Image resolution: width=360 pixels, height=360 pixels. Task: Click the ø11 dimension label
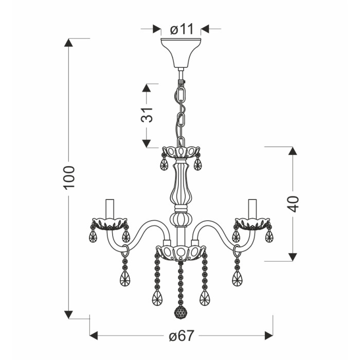pos(182,29)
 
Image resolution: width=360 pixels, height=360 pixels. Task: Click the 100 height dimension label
pos(69,177)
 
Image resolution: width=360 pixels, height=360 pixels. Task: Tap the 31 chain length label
pos(147,115)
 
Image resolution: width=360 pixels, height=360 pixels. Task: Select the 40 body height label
pos(293,204)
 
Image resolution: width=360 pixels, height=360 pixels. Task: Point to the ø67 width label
pos(182,336)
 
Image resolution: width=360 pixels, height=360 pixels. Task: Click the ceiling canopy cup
pos(181,53)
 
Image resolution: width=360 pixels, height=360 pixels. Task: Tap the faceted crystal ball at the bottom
pos(181,312)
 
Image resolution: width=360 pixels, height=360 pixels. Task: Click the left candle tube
pos(110,209)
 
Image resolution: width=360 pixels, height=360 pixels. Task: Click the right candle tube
pos(253,209)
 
